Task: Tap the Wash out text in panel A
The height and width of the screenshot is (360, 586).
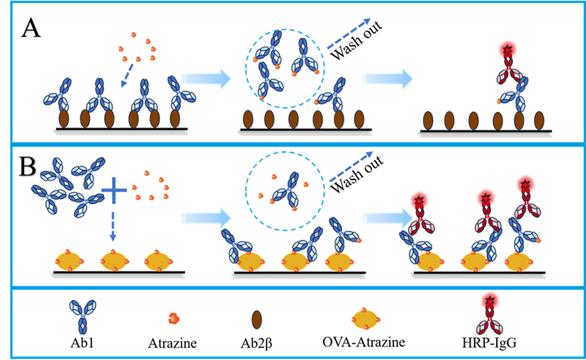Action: coord(351,43)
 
